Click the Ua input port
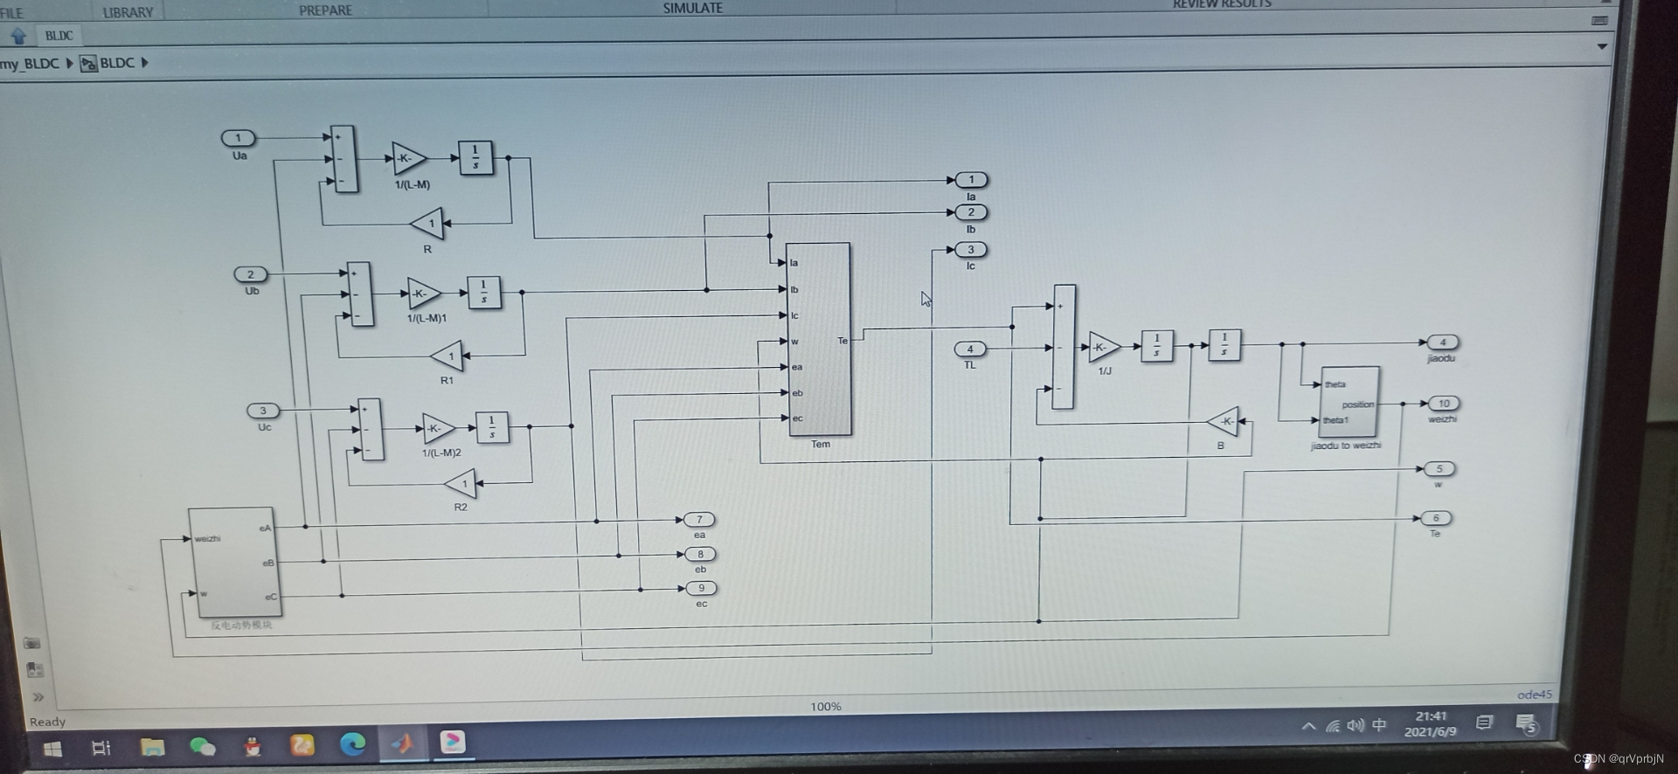point(238,138)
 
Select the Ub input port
point(251,274)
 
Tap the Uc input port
point(263,411)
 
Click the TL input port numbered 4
point(970,349)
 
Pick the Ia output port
point(971,180)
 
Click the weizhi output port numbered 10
point(1444,404)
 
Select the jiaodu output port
point(1443,342)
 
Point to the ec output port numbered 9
point(701,588)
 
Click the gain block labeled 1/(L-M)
point(408,158)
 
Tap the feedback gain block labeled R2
point(461,483)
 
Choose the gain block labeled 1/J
point(1104,347)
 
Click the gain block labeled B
point(1224,421)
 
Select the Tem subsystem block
point(818,339)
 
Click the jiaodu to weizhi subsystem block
point(1349,402)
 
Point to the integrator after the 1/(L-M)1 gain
point(483,293)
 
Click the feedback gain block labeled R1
point(447,356)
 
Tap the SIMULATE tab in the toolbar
point(692,8)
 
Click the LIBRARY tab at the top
point(128,12)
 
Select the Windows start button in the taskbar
point(52,749)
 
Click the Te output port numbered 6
point(1436,518)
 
